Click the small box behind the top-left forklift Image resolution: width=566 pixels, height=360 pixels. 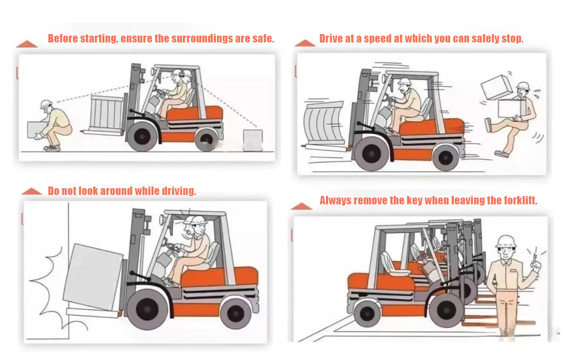[x=253, y=140]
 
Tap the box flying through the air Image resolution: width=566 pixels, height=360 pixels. [x=496, y=87]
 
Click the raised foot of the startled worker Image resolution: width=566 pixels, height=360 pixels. [x=488, y=125]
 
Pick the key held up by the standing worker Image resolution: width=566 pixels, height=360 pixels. [x=535, y=258]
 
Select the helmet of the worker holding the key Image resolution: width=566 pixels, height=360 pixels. [x=506, y=241]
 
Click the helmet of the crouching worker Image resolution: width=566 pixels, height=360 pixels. [x=46, y=104]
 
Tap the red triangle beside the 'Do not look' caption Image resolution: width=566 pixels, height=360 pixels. [x=31, y=191]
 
